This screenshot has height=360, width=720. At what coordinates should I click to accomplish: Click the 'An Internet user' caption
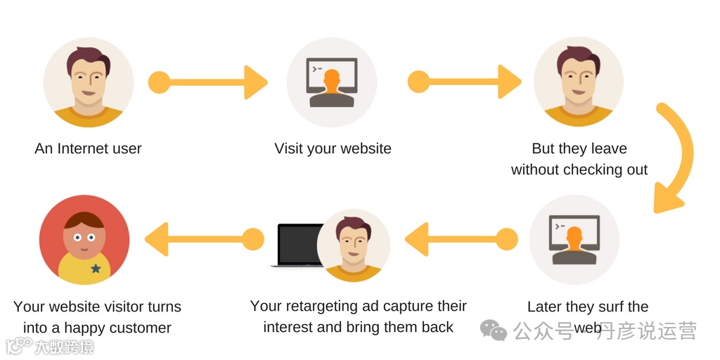click(x=88, y=149)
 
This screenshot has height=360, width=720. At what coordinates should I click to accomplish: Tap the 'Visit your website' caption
click(x=333, y=149)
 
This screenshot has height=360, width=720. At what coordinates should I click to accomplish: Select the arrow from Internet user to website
click(x=208, y=82)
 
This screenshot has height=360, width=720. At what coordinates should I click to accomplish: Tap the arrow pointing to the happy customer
click(x=204, y=240)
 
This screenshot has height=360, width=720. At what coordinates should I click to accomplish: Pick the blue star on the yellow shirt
click(x=96, y=269)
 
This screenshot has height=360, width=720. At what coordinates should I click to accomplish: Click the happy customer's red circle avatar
click(x=84, y=240)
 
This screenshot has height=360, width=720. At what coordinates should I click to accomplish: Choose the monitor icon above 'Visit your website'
click(x=332, y=82)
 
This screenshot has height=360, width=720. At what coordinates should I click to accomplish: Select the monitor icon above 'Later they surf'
click(x=574, y=240)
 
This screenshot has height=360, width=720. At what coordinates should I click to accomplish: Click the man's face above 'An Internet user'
click(x=88, y=75)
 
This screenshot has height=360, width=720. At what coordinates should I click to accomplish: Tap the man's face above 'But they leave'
click(x=578, y=75)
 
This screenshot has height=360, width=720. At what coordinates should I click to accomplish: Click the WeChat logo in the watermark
click(x=493, y=329)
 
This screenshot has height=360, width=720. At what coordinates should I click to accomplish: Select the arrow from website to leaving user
click(x=464, y=82)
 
